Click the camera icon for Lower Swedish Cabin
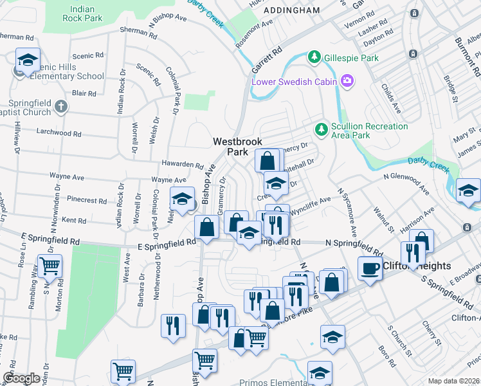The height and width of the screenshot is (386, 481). click(x=347, y=80)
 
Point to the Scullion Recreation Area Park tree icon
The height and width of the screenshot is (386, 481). click(x=321, y=131)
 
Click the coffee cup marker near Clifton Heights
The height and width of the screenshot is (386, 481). click(x=370, y=268)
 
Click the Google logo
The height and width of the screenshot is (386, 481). click(x=21, y=379)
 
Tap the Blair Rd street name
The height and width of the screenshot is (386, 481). click(x=84, y=93)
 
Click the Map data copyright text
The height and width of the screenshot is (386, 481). click(x=454, y=381)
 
